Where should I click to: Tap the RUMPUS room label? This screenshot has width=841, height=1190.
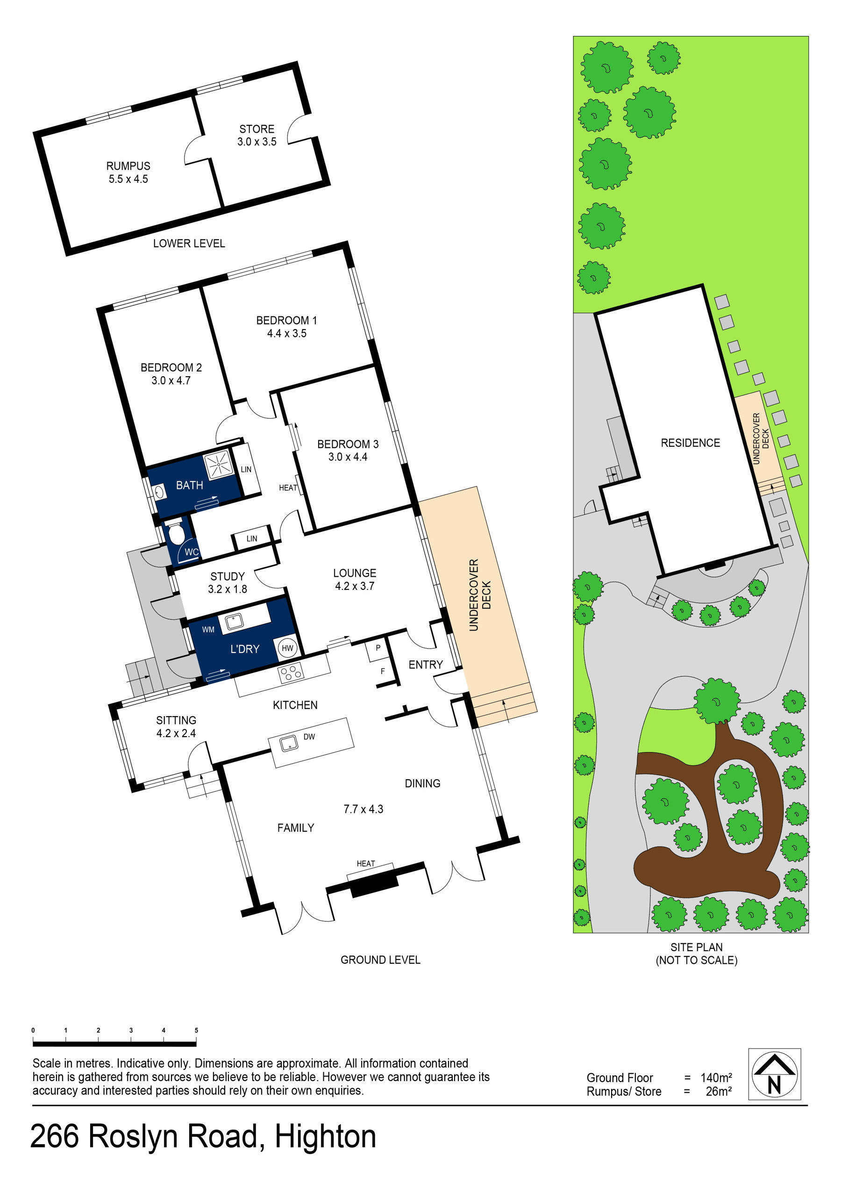(128, 166)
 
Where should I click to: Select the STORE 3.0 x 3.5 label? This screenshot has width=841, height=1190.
(257, 135)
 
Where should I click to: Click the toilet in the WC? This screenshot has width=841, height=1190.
(176, 534)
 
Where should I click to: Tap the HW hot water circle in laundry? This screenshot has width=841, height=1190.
(287, 648)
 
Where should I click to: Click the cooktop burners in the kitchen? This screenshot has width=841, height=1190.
(290, 673)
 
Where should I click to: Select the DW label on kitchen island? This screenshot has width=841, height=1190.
(309, 737)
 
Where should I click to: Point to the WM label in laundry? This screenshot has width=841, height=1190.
(208, 630)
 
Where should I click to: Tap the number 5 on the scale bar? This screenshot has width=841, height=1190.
(196, 1030)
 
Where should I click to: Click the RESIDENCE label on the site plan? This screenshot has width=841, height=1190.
(690, 443)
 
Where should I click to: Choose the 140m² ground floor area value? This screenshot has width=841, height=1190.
(716, 1077)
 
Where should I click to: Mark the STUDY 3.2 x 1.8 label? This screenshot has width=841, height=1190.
(228, 582)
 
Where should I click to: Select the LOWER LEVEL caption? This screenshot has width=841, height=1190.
(189, 244)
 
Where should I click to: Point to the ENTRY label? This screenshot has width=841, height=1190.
(426, 665)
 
